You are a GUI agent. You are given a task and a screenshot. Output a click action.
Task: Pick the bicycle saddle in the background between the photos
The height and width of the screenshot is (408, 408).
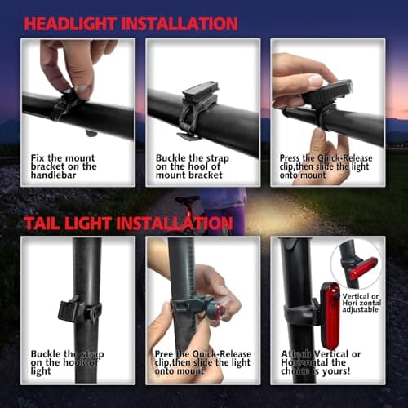(x=186, y=202)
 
